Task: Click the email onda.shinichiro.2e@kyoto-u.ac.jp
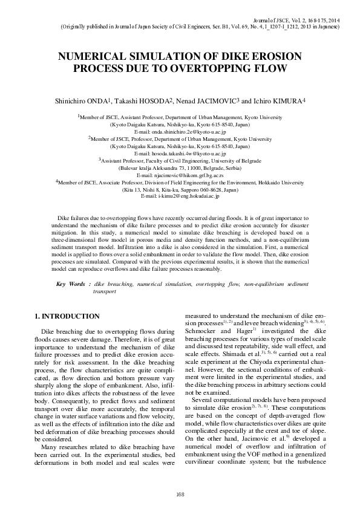pyautogui.click(x=180, y=131)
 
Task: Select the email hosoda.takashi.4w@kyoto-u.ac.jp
pyautogui.click(x=180, y=154)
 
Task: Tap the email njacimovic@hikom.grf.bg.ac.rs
pyautogui.click(x=180, y=175)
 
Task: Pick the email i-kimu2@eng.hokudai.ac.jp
pyautogui.click(x=180, y=196)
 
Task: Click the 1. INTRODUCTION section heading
pyautogui.click(x=67, y=316)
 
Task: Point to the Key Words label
pyautogui.click(x=70, y=284)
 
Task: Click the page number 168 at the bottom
pyautogui.click(x=180, y=495)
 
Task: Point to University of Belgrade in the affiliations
pyautogui.click(x=238, y=160)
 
